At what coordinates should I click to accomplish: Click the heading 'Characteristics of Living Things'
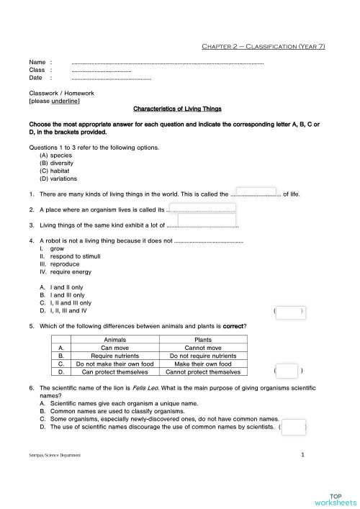178,109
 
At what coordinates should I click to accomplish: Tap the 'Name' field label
37,63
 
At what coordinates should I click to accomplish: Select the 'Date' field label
36,78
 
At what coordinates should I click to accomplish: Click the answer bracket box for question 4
289,312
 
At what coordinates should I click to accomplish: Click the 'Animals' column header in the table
115,340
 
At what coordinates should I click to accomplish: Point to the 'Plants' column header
203,340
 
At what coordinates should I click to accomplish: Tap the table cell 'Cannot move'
203,348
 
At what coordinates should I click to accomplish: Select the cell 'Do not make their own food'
115,364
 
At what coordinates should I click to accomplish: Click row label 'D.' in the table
63,372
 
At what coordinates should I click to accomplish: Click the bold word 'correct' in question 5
234,327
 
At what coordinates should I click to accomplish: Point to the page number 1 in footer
302,455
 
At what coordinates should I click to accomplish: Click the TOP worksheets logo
335,499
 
